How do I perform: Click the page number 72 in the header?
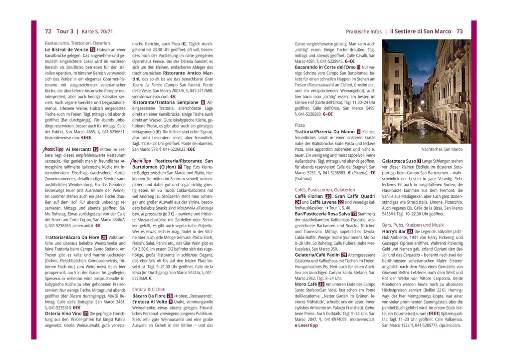[x=48, y=31]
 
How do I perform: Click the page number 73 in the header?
[x=460, y=31]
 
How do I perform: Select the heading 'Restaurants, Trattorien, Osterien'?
[x=77, y=43]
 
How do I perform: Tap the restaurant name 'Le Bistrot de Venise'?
[x=66, y=50]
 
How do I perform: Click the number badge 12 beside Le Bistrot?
[x=93, y=50]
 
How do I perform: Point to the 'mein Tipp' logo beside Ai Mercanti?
[x=54, y=149]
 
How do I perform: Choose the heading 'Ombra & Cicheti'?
[x=149, y=289]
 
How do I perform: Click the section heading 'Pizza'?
[x=300, y=125]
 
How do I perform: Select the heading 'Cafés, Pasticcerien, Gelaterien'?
[x=325, y=189]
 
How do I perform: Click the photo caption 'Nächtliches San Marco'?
[x=442, y=149]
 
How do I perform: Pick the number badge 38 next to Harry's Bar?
[x=410, y=232]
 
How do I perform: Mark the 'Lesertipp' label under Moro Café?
[x=307, y=325]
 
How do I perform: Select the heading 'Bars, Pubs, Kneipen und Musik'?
[x=413, y=225]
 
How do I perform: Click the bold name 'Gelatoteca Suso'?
[x=399, y=161]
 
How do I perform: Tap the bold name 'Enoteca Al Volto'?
[x=150, y=302]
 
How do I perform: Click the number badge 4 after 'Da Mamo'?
[x=359, y=132]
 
